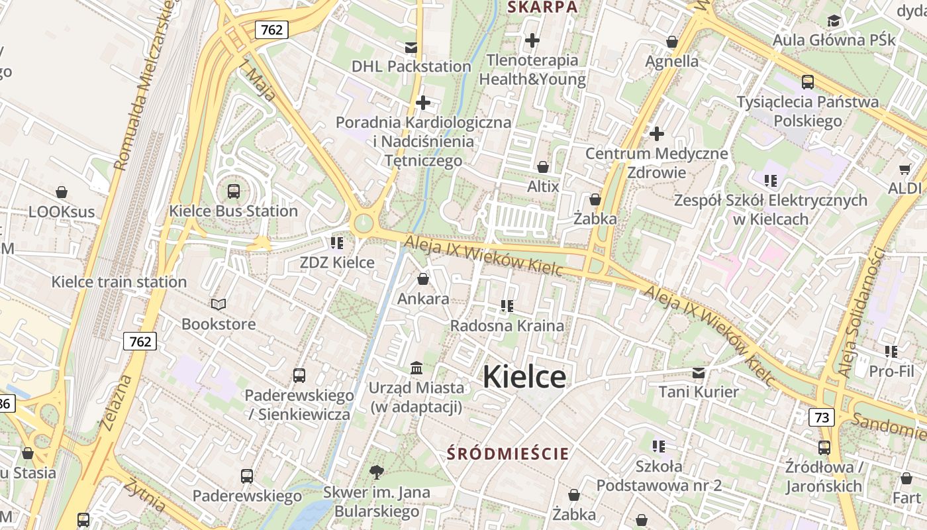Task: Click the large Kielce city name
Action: [524, 377]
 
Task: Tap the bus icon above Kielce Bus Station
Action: [233, 191]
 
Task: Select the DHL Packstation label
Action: [411, 66]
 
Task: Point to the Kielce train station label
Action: [119, 282]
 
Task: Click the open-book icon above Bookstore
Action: [219, 304]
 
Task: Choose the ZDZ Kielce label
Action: [337, 262]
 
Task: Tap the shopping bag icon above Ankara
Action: [423, 279]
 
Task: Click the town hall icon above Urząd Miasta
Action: [416, 368]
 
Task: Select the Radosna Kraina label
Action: [507, 325]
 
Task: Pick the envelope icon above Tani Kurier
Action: [699, 372]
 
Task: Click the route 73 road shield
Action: [821, 417]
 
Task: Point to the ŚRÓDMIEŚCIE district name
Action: [508, 454]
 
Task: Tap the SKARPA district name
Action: [542, 7]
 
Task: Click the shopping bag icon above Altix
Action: [543, 167]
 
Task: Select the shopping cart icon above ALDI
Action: [904, 169]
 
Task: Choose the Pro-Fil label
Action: [891, 371]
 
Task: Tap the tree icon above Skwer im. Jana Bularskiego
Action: [377, 472]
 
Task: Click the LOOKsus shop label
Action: [62, 212]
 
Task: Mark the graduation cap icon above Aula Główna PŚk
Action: [834, 21]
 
